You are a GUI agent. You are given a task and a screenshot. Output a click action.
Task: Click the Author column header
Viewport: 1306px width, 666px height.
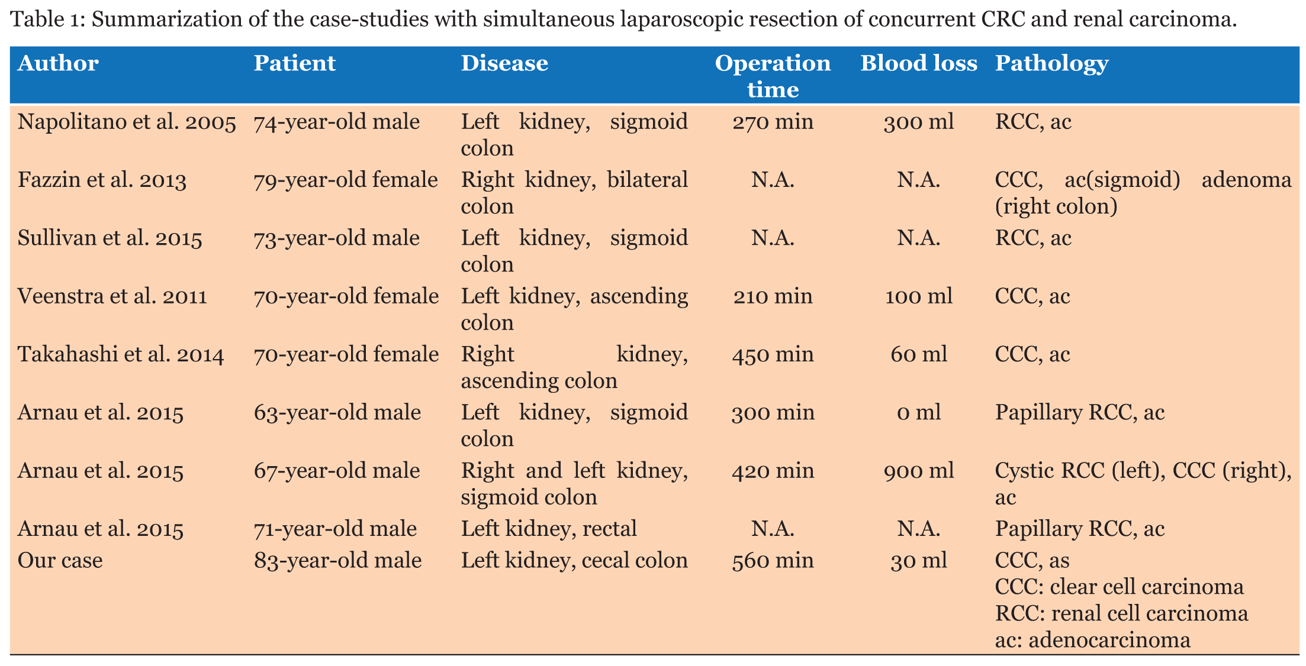(x=58, y=63)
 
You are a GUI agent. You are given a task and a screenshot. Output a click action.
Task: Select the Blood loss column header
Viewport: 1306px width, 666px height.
(x=918, y=63)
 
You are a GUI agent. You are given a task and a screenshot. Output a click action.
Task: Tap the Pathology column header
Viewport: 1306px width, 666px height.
(x=1051, y=63)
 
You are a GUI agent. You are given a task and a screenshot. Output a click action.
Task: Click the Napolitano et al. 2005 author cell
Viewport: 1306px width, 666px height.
(x=127, y=122)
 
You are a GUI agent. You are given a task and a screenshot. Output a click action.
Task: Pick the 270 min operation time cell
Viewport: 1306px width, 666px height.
(x=773, y=122)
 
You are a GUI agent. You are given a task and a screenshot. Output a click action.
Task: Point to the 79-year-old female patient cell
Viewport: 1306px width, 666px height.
(x=346, y=180)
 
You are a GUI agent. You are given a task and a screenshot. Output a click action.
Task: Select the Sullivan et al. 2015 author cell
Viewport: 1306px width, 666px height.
(x=110, y=238)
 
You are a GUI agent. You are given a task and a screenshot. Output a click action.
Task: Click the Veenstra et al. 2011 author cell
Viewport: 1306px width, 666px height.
(x=112, y=296)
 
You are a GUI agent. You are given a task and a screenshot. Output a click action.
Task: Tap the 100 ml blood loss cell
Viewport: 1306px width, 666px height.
(x=918, y=296)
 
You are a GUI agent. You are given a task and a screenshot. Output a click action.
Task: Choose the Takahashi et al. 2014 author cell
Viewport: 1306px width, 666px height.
(x=121, y=354)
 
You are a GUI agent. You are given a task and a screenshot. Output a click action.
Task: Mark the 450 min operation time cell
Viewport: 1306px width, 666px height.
(x=773, y=354)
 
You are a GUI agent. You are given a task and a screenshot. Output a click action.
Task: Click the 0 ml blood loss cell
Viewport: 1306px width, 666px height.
(x=918, y=412)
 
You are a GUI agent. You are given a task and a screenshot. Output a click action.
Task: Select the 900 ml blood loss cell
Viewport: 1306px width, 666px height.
(x=918, y=470)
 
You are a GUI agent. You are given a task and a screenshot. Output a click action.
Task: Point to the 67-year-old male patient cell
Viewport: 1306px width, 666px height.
(x=337, y=470)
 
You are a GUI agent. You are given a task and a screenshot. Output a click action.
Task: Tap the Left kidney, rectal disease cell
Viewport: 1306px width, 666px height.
(x=549, y=528)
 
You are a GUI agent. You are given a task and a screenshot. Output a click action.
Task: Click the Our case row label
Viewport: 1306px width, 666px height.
(x=60, y=560)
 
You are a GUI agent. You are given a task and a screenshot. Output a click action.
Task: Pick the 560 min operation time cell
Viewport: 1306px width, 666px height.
(x=773, y=560)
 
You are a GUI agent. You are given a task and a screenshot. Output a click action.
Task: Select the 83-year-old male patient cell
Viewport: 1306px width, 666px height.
(x=337, y=560)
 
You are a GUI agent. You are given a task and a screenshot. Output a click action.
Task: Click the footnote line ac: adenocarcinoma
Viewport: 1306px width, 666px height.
(x=1092, y=640)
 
